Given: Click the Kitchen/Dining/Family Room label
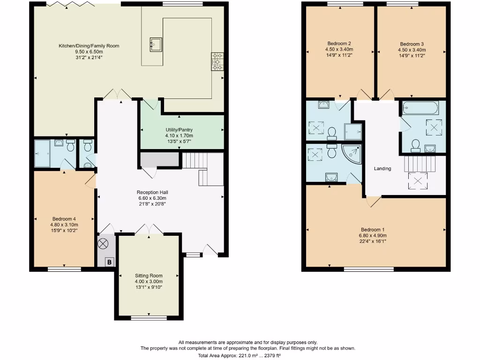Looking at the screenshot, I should tap(89, 46).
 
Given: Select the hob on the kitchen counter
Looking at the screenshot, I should tap(217, 61).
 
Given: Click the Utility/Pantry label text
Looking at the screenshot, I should tap(179, 130).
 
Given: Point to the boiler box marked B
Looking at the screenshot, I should tap(109, 262).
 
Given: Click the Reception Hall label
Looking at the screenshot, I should tap(152, 192).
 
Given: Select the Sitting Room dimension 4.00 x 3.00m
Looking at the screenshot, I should tap(149, 282).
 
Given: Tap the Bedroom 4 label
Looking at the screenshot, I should tap(64, 219).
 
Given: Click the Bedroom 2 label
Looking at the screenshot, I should tap(339, 43).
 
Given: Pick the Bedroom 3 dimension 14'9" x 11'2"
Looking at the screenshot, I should tap(412, 55).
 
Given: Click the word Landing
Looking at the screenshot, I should tap(382, 169).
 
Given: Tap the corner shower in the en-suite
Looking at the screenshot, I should tap(352, 154).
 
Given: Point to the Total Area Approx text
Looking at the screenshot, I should tap(248, 356).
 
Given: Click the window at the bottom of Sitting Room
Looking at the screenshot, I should tap(149, 318).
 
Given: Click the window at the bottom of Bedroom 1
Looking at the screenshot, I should tap(368, 270).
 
